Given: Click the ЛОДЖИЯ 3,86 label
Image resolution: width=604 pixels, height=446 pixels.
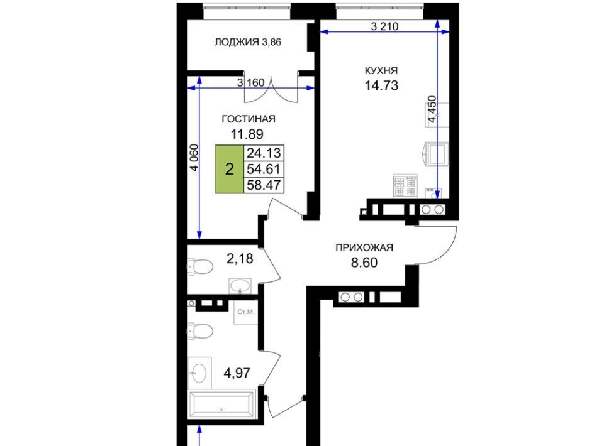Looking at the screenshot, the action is coord(248,42).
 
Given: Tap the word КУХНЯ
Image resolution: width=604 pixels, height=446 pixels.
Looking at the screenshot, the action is coord(381,71).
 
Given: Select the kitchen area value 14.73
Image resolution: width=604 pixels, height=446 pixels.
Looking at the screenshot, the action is coord(381,85).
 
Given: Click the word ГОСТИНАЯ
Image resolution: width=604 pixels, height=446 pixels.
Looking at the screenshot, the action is coord(249,119).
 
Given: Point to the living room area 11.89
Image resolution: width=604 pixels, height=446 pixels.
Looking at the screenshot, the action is coord(247,134).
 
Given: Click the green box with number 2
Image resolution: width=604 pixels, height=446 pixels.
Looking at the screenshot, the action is coord(230,169).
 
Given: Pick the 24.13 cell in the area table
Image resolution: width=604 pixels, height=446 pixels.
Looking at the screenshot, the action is coord(264,153).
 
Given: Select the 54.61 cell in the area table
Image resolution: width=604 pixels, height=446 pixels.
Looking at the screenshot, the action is coord(264,169).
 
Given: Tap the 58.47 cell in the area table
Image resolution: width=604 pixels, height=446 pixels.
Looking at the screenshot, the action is coord(264,185).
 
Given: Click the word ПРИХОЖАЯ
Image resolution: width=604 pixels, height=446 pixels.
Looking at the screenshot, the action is coord(364,247).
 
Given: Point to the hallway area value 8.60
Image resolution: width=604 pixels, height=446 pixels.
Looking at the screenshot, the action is coord(364,263).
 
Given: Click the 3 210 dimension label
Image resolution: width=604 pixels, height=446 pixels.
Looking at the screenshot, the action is coord(384,26).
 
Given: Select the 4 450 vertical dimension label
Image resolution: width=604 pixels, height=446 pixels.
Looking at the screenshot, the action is coord(432,109).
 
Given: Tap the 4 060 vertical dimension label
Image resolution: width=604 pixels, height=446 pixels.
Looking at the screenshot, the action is coord(194,157).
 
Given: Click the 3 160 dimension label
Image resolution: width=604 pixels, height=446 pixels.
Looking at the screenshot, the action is coord(251,82).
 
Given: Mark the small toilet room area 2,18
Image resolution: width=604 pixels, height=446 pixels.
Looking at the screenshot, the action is coord(240,259).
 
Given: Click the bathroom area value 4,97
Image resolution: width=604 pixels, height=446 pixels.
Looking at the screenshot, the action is coord(237,373).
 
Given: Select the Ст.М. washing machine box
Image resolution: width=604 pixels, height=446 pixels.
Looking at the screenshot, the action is coord(246,312).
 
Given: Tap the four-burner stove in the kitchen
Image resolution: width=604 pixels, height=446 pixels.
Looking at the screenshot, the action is coord(405,186).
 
